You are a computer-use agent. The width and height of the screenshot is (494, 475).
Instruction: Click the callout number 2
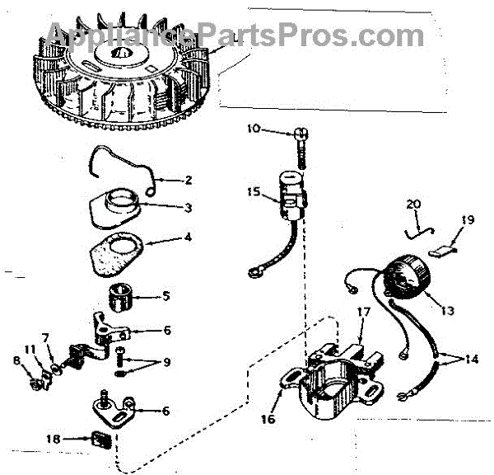pyautogui.click(x=189, y=180)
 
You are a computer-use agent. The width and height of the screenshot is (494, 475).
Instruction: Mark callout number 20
pyautogui.click(x=413, y=204)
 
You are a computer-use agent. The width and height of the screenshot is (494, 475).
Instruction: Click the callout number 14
pyautogui.click(x=472, y=360)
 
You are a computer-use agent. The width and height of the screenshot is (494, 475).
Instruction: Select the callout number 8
pyautogui.click(x=16, y=360)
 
